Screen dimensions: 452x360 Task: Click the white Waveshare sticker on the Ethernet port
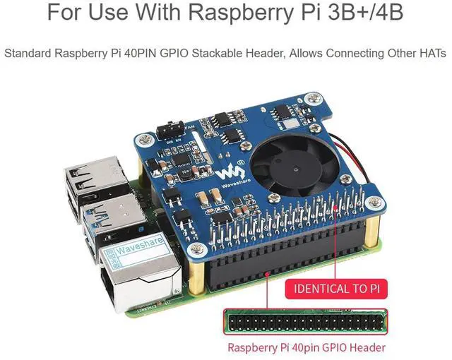coord(131,248)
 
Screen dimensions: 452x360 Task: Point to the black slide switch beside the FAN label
coord(170,130)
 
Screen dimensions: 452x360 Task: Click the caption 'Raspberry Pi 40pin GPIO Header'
coord(306,347)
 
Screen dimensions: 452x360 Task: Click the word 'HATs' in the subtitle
coord(429,52)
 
